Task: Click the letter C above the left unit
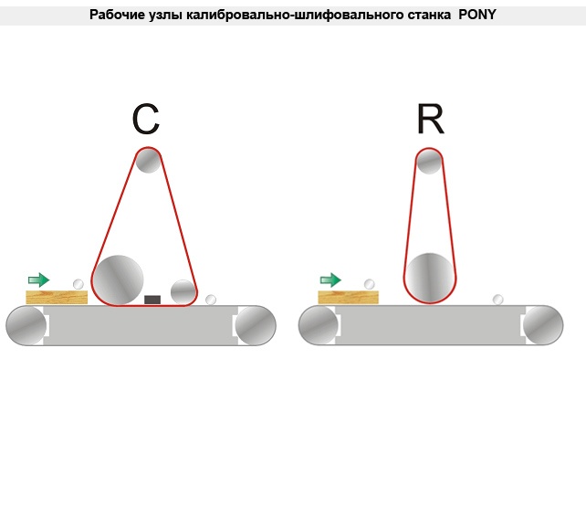tap(146, 120)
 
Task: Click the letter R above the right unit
tap(430, 120)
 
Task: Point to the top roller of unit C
tap(148, 161)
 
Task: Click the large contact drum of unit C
tap(120, 279)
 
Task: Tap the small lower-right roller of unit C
tap(183, 291)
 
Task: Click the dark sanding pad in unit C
tap(152, 299)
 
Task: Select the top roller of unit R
tap(430, 162)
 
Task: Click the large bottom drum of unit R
tap(430, 277)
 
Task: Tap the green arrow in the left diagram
tap(38, 280)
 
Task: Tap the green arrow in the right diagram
tap(330, 280)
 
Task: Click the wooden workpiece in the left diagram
tap(57, 297)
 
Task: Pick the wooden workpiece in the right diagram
tap(349, 297)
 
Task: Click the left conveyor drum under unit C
tap(26, 326)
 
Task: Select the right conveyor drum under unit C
tap(256, 326)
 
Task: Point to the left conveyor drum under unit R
tap(319, 326)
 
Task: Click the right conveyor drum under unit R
tap(543, 326)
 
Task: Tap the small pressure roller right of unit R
tap(498, 299)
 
